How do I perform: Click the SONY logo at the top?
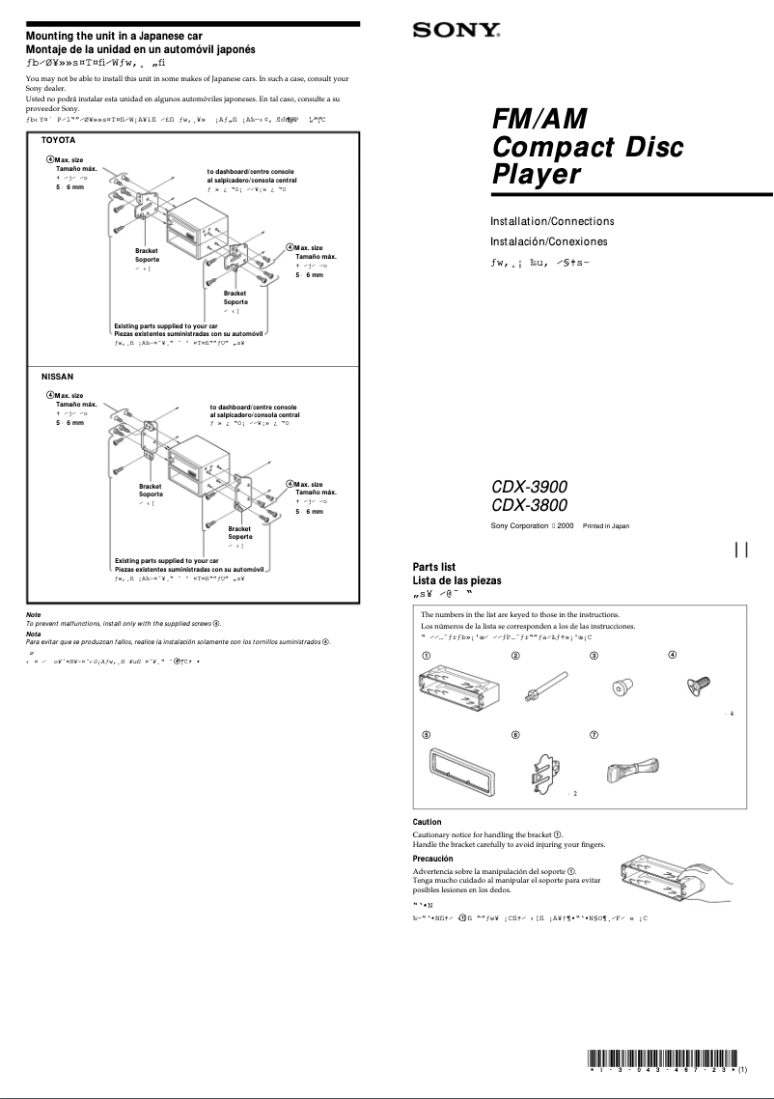tap(456, 31)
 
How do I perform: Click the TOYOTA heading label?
tap(58, 141)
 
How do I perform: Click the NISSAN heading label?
tap(57, 375)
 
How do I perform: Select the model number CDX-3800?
tap(529, 505)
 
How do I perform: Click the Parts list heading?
tap(434, 567)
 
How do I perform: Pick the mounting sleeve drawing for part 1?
tap(453, 692)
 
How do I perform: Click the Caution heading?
tap(428, 822)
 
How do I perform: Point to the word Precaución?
tap(433, 858)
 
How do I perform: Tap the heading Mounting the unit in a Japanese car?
tap(114, 35)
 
